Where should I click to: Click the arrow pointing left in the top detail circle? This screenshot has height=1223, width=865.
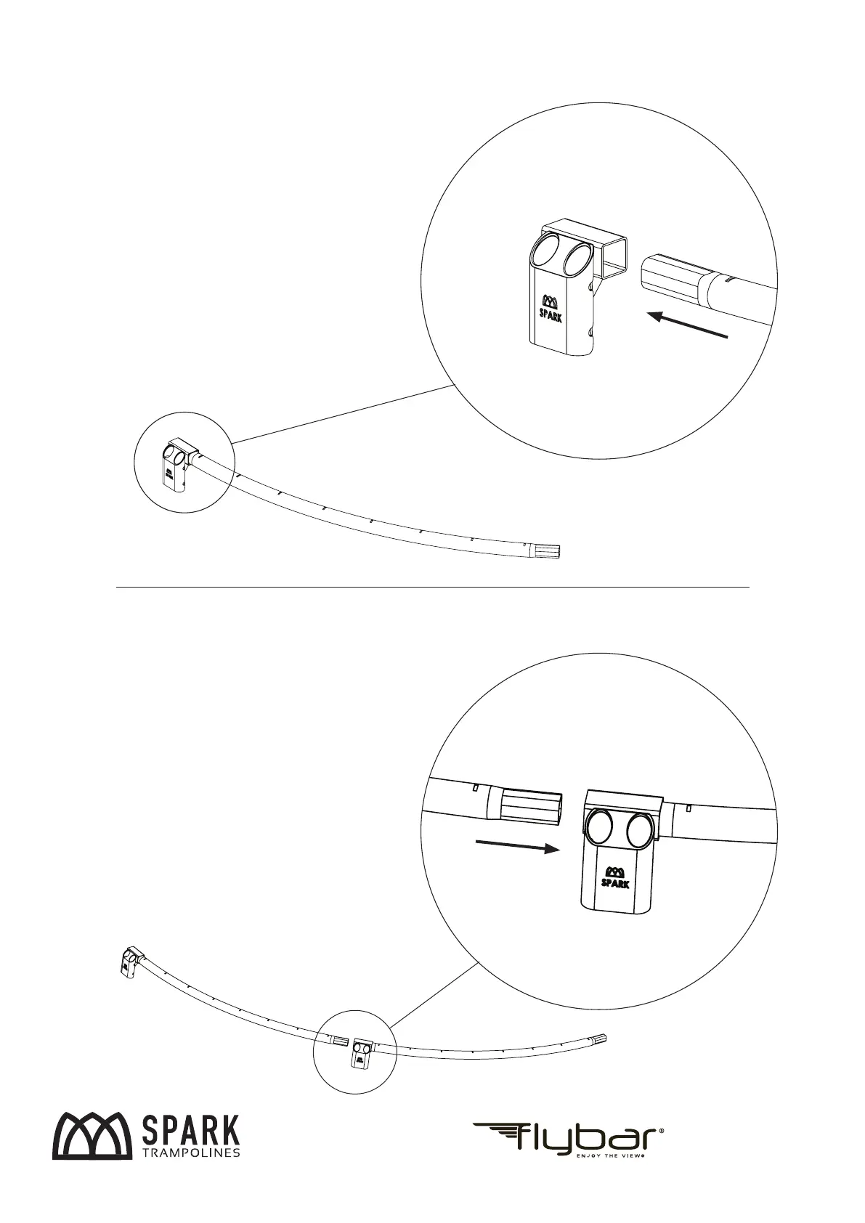(686, 325)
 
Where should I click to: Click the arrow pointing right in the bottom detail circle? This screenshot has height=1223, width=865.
(516, 847)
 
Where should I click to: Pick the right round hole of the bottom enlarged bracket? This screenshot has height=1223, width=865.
(639, 831)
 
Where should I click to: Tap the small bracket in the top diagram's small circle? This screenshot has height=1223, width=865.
(176, 464)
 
